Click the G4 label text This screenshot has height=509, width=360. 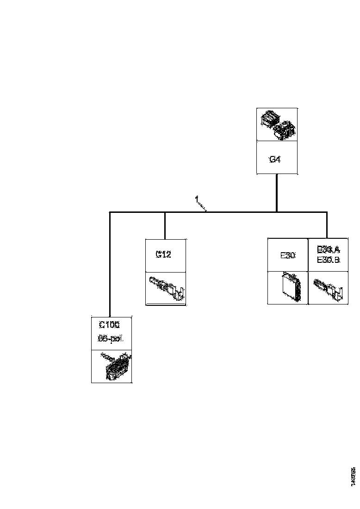pos(275,160)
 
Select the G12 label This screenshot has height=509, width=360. pos(163,254)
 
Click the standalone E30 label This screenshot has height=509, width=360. pos(288,255)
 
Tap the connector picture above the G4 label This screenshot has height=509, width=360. pos(277,124)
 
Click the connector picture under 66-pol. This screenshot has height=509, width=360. pos(112,366)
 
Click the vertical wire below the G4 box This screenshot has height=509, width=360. pos(277,192)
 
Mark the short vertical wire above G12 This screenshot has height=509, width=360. pos(165,225)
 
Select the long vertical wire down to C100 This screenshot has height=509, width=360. pos(110,264)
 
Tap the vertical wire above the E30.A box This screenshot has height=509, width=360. pos(327,225)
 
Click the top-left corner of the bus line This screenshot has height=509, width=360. pos(110,212)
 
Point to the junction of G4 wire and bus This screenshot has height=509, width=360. pos(277,212)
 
